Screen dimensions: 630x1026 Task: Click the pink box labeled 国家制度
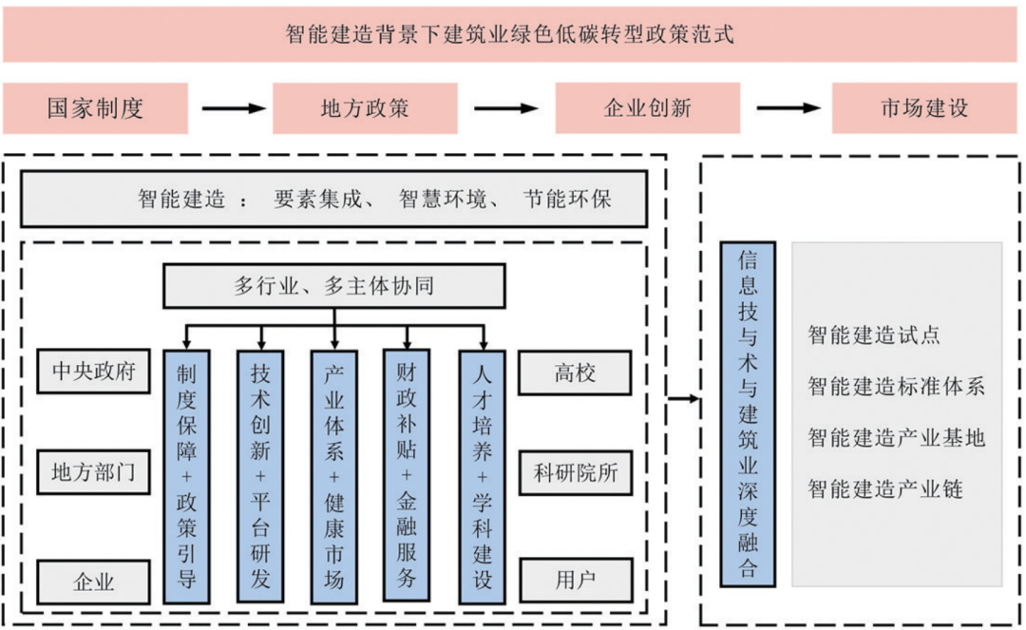click(95, 108)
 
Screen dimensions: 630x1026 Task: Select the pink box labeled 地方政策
click(365, 108)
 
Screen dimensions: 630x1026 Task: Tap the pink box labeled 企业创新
click(647, 108)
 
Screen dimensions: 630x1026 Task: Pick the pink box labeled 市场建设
click(924, 108)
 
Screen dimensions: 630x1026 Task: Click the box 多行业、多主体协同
click(333, 286)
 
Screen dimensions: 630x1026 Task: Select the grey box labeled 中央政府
click(94, 372)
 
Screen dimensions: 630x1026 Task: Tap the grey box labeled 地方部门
click(94, 472)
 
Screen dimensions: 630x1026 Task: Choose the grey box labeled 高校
click(575, 372)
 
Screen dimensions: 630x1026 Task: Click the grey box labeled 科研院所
click(575, 472)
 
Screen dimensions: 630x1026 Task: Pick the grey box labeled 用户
click(575, 580)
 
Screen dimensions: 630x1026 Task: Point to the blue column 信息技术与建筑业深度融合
click(748, 412)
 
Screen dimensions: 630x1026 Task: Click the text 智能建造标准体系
click(896, 387)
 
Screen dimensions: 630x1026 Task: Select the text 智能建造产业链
click(885, 489)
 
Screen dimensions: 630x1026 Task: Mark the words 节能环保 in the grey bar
click(567, 199)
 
